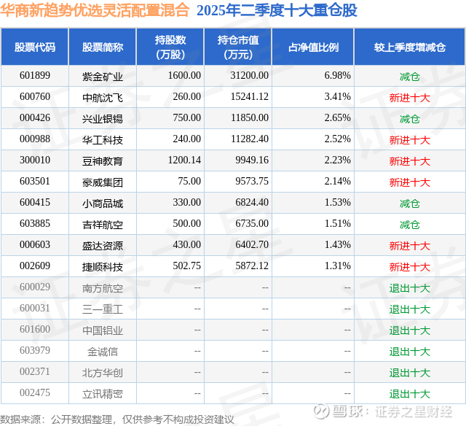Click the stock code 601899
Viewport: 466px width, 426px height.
(x=34, y=76)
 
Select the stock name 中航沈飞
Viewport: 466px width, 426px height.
(x=103, y=97)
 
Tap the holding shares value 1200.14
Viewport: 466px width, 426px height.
(x=183, y=160)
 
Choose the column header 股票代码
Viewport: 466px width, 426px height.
(x=34, y=47)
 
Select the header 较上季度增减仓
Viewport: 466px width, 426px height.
(x=409, y=47)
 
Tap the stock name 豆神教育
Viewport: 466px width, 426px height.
(x=103, y=160)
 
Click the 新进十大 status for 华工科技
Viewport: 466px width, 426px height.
(x=409, y=139)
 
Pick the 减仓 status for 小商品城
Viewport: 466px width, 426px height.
(x=409, y=204)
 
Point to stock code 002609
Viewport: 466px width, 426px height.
(x=34, y=267)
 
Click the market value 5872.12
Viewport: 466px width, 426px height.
(x=250, y=267)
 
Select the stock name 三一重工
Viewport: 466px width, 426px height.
(x=103, y=309)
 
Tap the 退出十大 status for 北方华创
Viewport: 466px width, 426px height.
(x=409, y=373)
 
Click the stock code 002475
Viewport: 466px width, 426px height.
(x=34, y=394)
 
